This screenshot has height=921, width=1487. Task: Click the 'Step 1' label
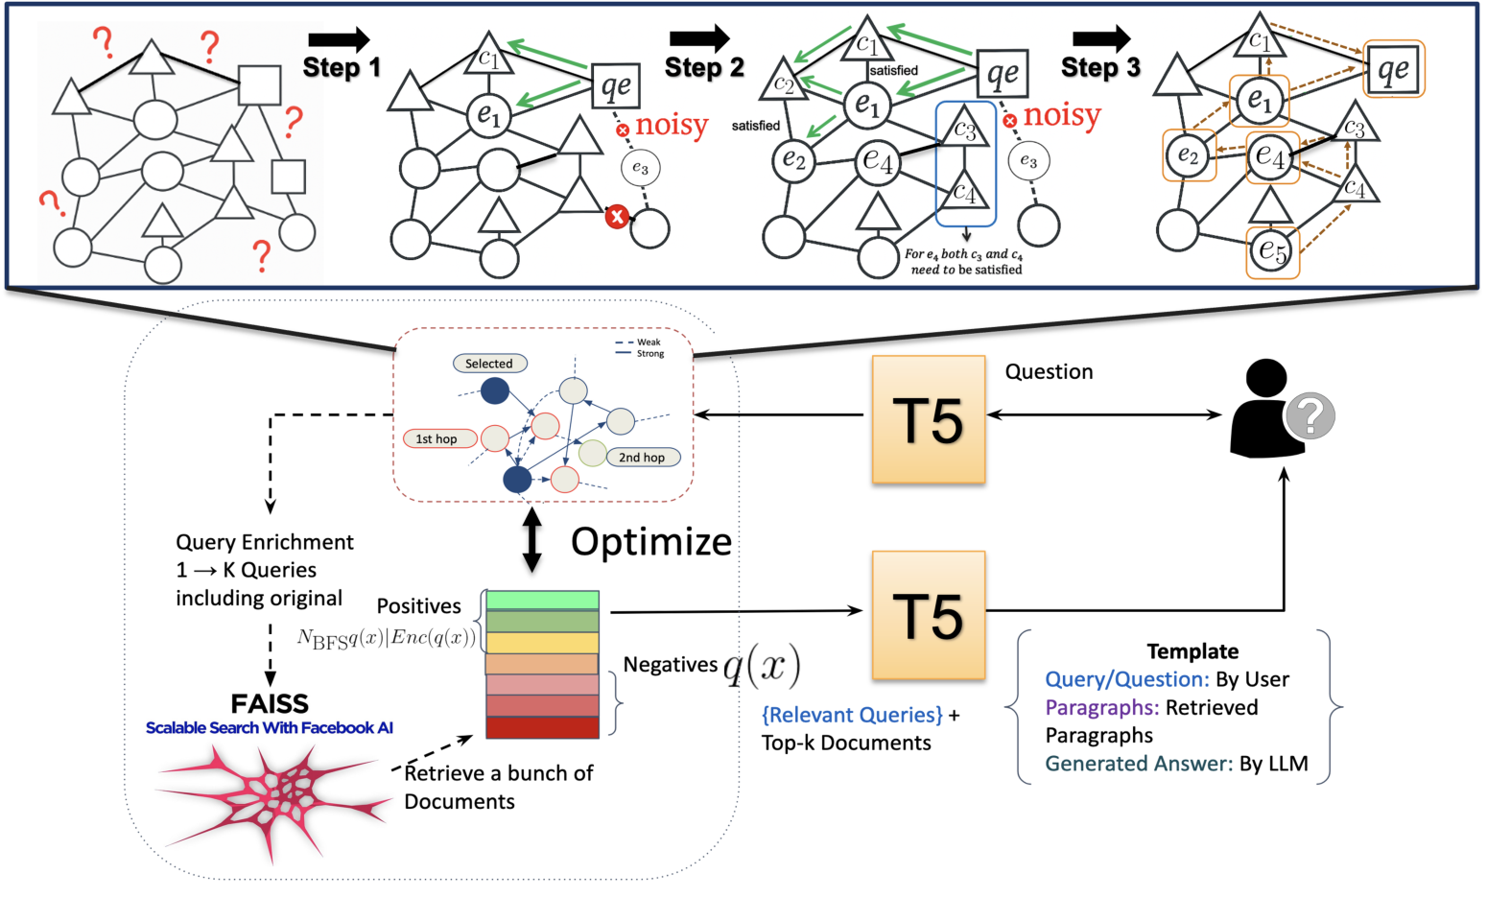tap(342, 67)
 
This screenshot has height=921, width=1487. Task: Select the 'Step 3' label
tap(1100, 67)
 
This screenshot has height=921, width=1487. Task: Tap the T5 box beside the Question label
tap(928, 419)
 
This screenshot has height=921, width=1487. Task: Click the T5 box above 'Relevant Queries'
tap(928, 615)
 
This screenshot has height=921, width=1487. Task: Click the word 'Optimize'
tap(651, 542)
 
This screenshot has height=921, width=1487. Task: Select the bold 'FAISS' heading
tap(270, 703)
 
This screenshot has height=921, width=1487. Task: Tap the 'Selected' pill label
tap(489, 364)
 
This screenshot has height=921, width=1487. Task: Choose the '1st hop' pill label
tap(437, 438)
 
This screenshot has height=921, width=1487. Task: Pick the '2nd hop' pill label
tap(642, 458)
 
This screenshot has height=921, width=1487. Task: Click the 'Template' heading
tap(1192, 651)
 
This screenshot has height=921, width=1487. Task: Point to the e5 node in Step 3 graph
tap(1272, 251)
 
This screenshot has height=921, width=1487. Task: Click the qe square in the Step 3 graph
tap(1393, 68)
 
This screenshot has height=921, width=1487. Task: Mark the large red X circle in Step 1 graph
tap(617, 216)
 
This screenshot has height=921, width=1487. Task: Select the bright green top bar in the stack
tap(542, 601)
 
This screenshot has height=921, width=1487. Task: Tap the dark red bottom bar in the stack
tap(542, 727)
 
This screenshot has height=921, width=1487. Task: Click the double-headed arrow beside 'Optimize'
tap(531, 540)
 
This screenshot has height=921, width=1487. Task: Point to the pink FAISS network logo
tap(273, 801)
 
